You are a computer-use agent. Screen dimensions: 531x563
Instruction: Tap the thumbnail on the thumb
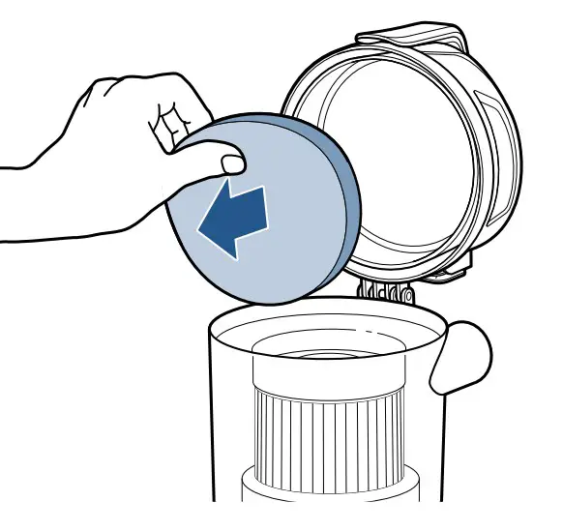coord(229,162)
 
